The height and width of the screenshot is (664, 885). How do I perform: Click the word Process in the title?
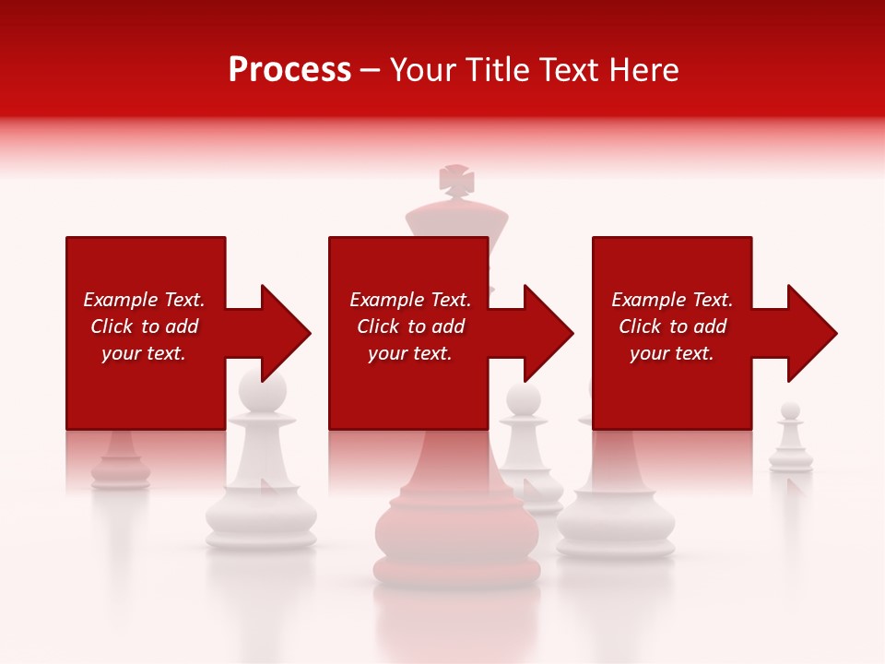[x=289, y=70]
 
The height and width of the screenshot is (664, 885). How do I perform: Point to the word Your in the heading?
[x=424, y=70]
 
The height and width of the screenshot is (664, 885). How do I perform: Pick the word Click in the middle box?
[x=378, y=326]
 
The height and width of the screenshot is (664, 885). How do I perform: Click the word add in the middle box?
[x=448, y=326]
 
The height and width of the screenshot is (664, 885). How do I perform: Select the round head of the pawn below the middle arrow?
[x=523, y=399]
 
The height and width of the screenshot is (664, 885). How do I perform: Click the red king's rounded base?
[x=456, y=539]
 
